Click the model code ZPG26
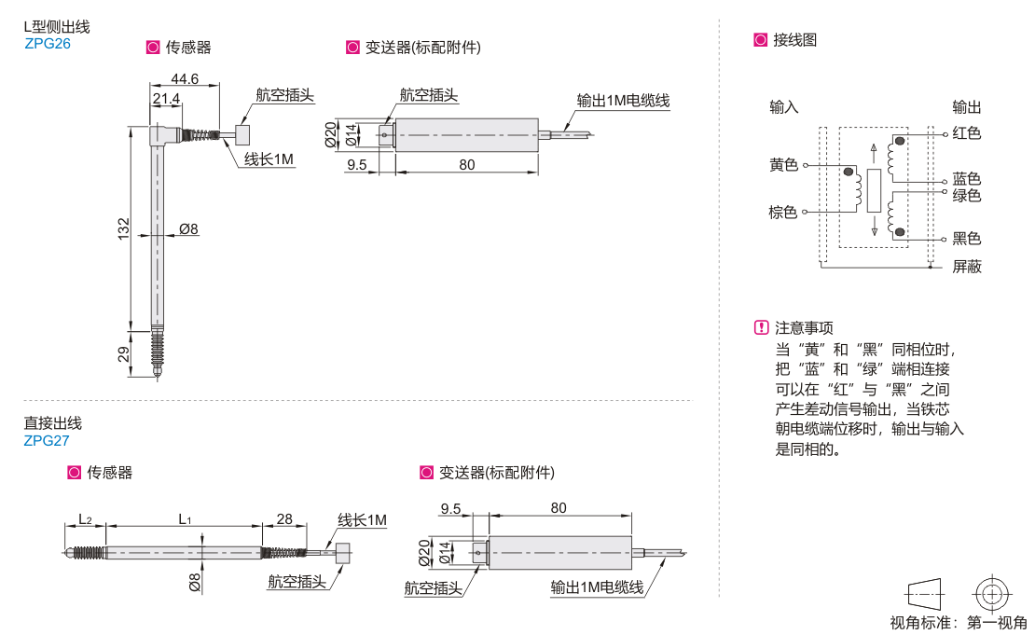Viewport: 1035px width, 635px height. pos(47,43)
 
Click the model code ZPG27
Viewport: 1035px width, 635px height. pos(47,441)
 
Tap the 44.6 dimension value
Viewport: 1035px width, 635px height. pos(185,79)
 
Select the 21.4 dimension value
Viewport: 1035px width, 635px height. pos(166,99)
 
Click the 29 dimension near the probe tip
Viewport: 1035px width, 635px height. pos(124,353)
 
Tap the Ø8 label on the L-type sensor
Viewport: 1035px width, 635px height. pos(188,228)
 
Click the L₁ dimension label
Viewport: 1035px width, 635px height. pos(184,518)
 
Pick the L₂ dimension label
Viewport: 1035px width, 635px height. pos(85,518)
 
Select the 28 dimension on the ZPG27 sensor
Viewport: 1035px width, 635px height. pos(284,518)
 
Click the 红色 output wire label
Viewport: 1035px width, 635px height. pos(967,133)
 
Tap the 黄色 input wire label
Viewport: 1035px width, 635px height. pos(783,165)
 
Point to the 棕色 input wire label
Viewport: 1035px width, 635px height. pos(783,212)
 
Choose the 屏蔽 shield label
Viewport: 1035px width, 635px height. pos(967,267)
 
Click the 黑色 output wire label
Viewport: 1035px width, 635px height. pos(967,238)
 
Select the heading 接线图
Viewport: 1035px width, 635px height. pos(794,40)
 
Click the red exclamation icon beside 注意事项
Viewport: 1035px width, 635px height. pos(761,327)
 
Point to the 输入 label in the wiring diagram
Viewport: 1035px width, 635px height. pos(784,106)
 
